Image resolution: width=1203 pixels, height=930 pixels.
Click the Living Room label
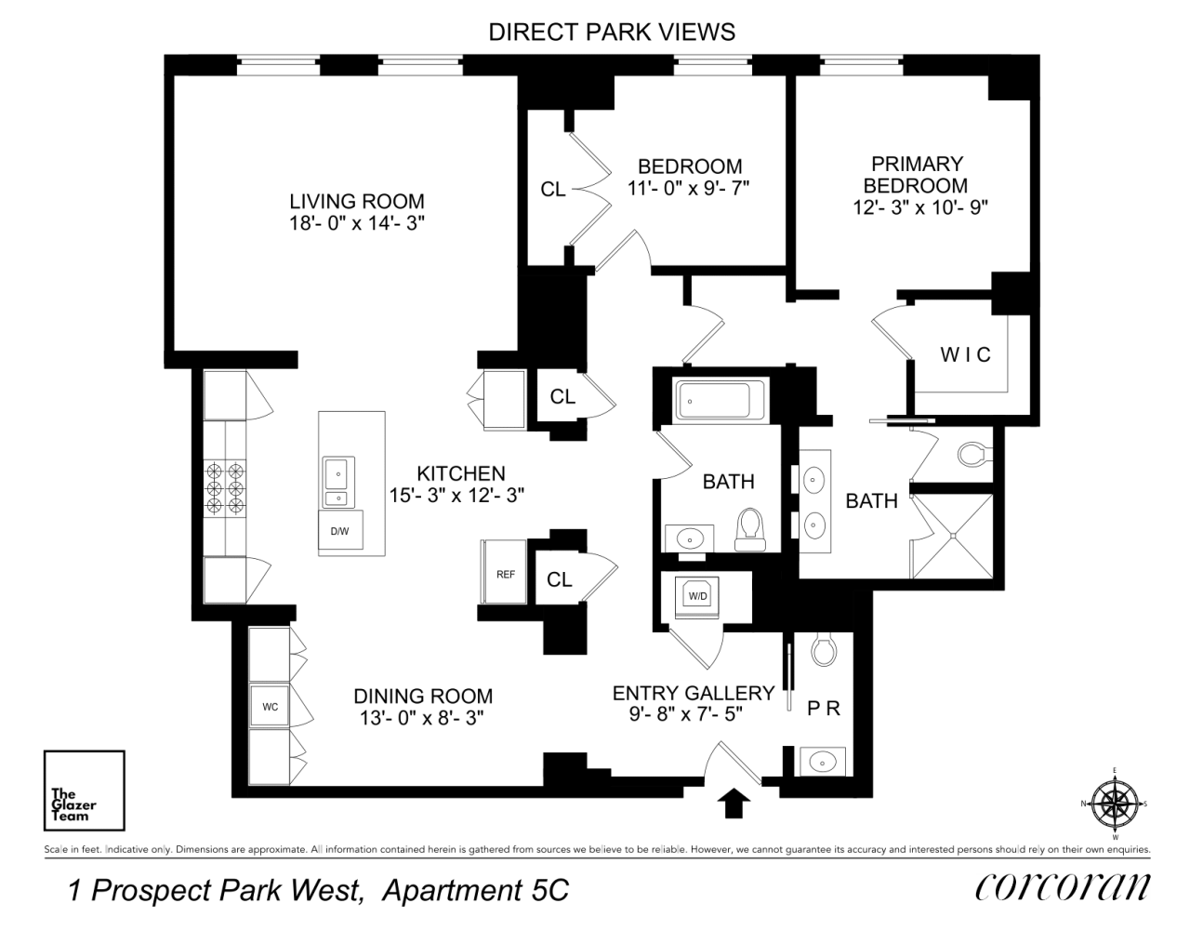356,201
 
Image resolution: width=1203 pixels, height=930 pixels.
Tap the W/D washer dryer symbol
697,594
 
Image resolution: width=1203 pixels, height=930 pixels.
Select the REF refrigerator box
505,575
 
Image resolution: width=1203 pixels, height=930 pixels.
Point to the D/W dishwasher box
339,531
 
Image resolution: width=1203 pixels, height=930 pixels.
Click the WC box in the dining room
270,707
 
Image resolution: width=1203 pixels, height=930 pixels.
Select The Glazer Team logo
84,790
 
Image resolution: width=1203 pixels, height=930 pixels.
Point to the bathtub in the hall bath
720,401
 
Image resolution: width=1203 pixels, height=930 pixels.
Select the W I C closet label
965,354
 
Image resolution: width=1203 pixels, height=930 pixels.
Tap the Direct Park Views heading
612,32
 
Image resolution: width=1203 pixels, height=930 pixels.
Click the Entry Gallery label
693,693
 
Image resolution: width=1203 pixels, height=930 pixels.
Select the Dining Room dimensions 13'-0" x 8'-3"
423,718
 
